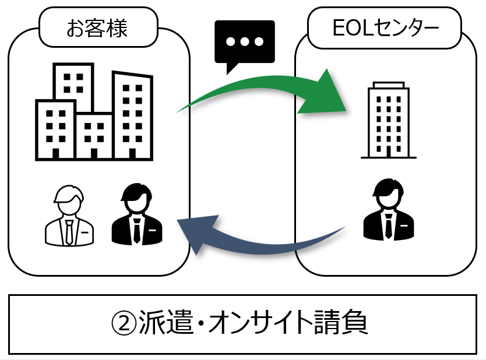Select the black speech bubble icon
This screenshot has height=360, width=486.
244,44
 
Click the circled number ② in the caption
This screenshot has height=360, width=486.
124,324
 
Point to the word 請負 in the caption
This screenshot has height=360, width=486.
344,324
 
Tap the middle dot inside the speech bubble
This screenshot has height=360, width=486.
244,41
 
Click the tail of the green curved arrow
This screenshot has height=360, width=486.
184,108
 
